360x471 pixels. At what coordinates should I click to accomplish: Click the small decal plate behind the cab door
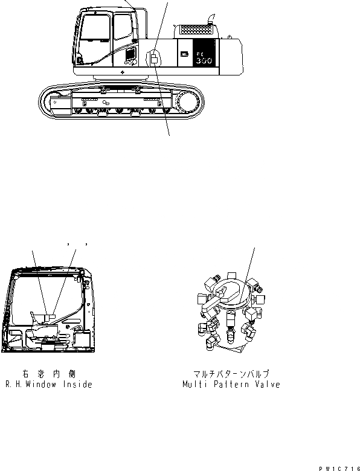click(x=155, y=59)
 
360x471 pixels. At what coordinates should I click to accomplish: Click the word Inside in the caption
click(x=80, y=385)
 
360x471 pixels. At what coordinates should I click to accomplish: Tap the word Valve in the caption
click(x=266, y=385)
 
